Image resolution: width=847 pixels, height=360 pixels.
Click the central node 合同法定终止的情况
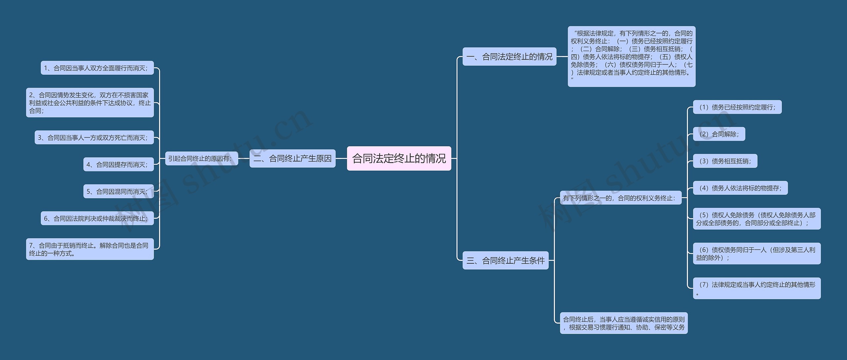[x=399, y=158]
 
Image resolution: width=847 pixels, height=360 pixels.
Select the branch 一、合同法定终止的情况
[x=509, y=57]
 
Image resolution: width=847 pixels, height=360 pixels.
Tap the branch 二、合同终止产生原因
[x=292, y=158]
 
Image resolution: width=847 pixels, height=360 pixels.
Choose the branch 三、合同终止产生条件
[x=505, y=260]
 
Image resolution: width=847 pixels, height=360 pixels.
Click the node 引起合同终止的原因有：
[x=201, y=158]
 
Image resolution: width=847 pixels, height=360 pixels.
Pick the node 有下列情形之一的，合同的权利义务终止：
[x=620, y=198]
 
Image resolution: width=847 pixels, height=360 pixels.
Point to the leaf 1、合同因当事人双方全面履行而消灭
[x=97, y=68]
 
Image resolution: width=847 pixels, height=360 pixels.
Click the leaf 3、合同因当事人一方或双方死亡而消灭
[x=94, y=137]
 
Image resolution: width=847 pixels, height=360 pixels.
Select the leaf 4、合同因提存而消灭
[x=118, y=164]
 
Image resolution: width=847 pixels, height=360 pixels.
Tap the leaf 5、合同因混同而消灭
[x=118, y=191]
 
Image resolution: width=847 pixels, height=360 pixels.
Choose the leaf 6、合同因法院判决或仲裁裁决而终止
[x=97, y=218]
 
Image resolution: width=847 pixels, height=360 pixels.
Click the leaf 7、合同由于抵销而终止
[x=90, y=249]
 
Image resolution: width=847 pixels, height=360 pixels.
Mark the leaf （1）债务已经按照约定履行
[x=737, y=107]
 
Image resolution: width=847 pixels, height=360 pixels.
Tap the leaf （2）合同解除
[x=719, y=134]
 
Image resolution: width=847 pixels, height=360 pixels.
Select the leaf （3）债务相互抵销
[x=725, y=161]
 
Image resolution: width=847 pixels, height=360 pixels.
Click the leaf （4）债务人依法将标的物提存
[x=740, y=188]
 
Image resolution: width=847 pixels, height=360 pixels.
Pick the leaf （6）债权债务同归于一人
[x=756, y=253]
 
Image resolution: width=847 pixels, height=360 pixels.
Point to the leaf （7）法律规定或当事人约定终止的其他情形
[x=756, y=288]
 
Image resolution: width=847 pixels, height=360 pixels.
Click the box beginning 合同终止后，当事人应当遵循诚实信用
[x=623, y=323]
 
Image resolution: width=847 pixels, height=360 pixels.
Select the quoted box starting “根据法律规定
[x=631, y=56]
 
